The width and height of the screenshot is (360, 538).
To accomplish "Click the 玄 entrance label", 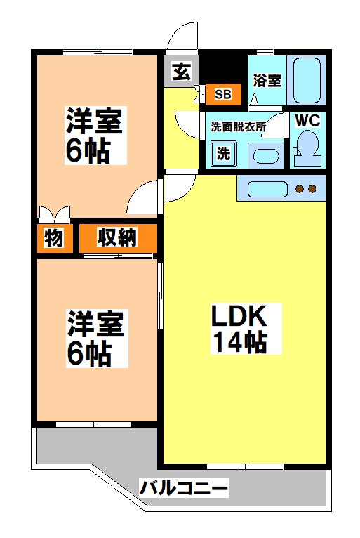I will click(x=182, y=71).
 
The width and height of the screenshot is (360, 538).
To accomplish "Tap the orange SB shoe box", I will click(x=222, y=93).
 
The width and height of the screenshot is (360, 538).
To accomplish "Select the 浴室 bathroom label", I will click(x=267, y=81).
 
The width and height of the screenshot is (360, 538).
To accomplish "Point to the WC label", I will click(x=307, y=120).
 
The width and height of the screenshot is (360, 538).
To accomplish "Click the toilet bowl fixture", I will click(x=306, y=145).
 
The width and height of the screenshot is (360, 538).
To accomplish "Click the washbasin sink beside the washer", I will click(x=265, y=156).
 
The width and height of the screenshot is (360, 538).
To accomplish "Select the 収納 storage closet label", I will click(x=117, y=238).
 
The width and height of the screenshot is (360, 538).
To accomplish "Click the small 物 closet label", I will click(x=53, y=238).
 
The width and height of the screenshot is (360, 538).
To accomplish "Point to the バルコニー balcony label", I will click(x=183, y=487).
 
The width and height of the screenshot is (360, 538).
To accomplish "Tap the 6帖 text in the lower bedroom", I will click(x=89, y=354).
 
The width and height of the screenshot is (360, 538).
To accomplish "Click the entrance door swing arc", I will click(x=180, y=34).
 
